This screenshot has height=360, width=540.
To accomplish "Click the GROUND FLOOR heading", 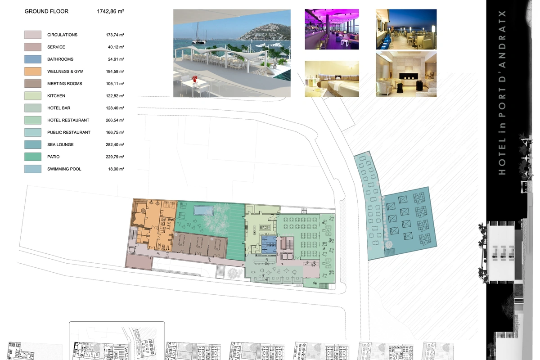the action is pyautogui.click(x=46, y=11).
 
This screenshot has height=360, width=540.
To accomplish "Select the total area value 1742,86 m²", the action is pyautogui.click(x=110, y=11).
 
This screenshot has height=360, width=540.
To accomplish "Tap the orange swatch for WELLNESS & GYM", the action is pyautogui.click(x=33, y=72).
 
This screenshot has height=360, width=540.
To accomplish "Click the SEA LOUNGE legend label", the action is pyautogui.click(x=60, y=145).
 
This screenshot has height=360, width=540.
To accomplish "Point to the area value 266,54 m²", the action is pyautogui.click(x=115, y=120).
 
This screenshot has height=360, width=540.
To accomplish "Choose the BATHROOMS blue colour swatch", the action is pyautogui.click(x=33, y=59).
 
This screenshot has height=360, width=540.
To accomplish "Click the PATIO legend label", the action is pyautogui.click(x=54, y=157).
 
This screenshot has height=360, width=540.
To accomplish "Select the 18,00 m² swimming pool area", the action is pyautogui.click(x=116, y=169).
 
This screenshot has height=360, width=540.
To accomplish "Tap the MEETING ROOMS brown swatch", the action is pyautogui.click(x=33, y=84).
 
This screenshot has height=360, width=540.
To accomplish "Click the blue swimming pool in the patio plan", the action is pyautogui.click(x=204, y=210).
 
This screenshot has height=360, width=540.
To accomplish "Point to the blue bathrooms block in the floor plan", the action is pyautogui.click(x=269, y=244).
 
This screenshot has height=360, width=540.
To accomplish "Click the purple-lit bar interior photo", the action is pyautogui.click(x=332, y=29).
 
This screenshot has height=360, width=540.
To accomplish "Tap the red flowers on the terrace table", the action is pyautogui.click(x=195, y=79).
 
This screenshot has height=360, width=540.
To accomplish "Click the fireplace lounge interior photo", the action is pyautogui.click(x=406, y=74).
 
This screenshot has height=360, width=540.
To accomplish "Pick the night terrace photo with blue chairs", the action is pyautogui.click(x=406, y=29).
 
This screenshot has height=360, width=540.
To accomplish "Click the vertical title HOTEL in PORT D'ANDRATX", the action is pyautogui.click(x=502, y=92).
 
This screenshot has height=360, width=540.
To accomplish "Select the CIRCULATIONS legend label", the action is pyautogui.click(x=63, y=35).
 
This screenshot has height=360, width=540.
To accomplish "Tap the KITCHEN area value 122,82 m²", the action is pyautogui.click(x=115, y=96).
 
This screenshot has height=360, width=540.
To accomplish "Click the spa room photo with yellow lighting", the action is pyautogui.click(x=332, y=79).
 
